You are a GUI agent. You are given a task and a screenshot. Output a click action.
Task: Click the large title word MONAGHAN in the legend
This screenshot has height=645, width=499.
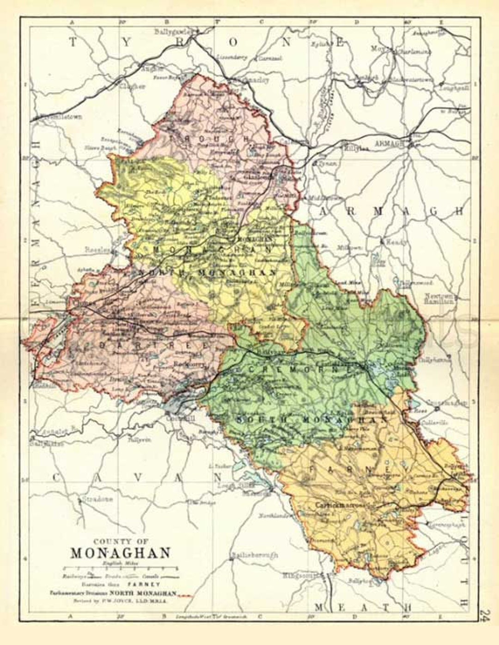coord(121,553)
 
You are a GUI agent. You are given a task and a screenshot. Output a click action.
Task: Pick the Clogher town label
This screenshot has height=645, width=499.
coord(133,86)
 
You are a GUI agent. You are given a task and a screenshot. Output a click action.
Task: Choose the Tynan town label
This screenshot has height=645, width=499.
coord(327,164)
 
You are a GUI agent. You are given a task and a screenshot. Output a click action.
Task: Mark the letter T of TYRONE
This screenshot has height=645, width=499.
coord(73,43)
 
